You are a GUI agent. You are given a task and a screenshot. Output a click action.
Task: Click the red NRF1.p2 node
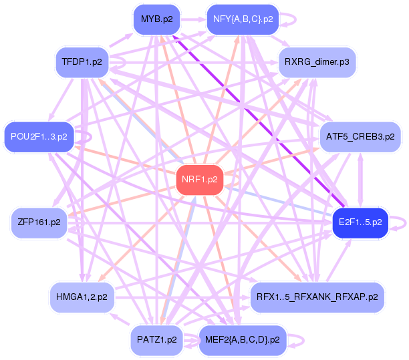click(199, 180)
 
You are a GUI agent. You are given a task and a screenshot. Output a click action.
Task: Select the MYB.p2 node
click(157, 19)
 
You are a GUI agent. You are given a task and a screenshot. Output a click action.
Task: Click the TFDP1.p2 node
click(82, 63)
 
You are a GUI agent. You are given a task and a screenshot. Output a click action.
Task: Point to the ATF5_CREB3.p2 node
click(360, 137)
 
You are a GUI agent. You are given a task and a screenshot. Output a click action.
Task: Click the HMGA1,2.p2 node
click(82, 296)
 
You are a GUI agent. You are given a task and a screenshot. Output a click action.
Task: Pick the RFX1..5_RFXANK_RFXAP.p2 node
click(317, 296)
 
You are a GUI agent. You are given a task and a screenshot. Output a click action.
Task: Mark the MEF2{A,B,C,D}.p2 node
click(242, 339)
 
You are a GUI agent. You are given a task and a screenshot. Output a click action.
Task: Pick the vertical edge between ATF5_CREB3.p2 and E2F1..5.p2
click(362, 179)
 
